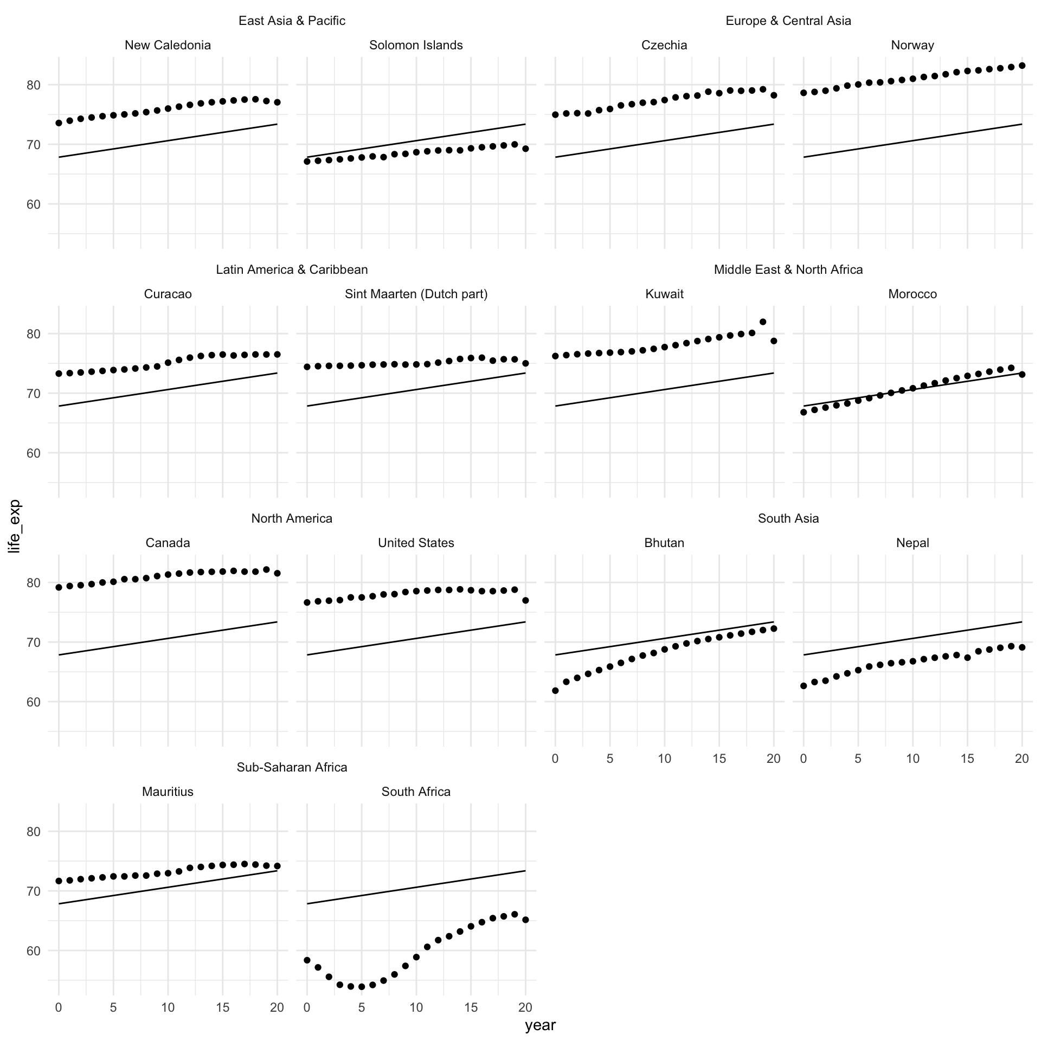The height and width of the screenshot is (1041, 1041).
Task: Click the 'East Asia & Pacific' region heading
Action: [x=292, y=21]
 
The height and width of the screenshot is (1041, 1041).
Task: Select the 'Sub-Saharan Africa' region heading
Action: [x=292, y=767]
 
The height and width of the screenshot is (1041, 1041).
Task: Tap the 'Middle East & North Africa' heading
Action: [x=788, y=269]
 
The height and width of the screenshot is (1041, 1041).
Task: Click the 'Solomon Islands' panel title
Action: [x=416, y=45]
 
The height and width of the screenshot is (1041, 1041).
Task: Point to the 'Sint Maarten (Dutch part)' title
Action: [x=416, y=294]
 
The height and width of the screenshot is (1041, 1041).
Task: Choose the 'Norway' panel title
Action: [x=912, y=45]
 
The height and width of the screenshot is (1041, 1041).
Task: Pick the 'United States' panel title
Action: [x=416, y=543]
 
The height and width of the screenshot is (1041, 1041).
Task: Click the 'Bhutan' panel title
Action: [x=664, y=543]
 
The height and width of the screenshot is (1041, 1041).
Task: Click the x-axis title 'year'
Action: [x=540, y=1025]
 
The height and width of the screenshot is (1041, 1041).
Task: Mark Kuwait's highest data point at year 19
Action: [x=763, y=322]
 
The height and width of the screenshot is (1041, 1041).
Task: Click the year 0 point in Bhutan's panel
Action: [x=555, y=691]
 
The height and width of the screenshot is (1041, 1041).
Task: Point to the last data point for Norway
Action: [x=1022, y=66]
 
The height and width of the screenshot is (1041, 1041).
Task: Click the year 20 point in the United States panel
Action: [x=525, y=600]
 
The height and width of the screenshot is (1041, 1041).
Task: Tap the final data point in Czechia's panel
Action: [x=774, y=95]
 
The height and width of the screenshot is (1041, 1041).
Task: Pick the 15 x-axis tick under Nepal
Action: [x=967, y=759]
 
